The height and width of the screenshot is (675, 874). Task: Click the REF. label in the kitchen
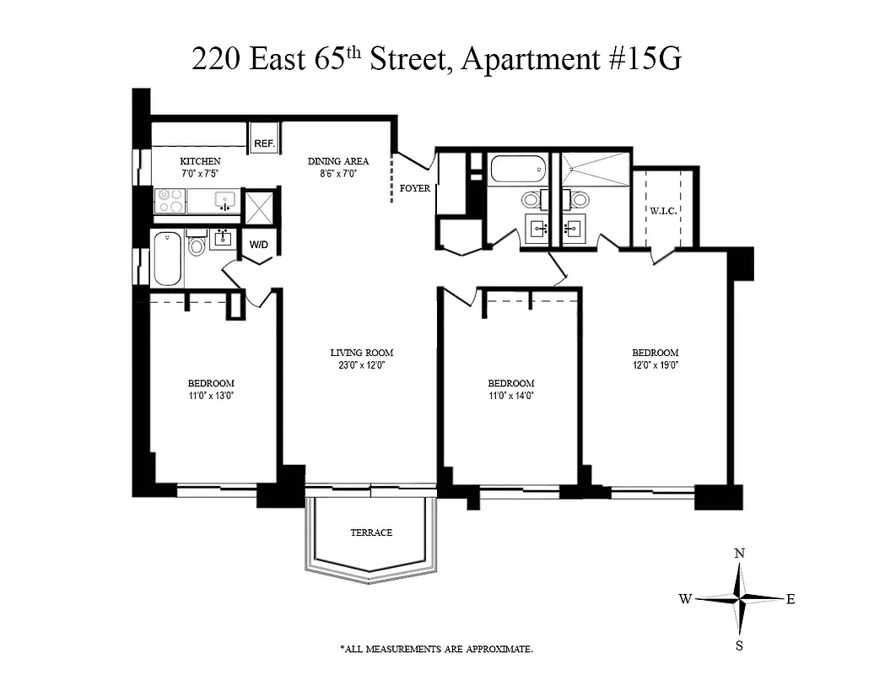[265, 144]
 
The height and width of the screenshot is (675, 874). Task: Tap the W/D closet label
[257, 246]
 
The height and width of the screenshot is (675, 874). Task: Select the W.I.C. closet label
[664, 211]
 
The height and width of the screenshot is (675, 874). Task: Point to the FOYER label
[415, 188]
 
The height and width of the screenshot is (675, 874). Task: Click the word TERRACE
[371, 532]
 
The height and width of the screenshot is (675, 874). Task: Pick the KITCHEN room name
[201, 161]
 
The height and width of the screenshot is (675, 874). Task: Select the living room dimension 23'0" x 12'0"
[361, 365]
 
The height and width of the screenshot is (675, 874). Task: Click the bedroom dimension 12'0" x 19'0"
[655, 365]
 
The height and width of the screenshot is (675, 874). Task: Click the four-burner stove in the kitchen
[170, 201]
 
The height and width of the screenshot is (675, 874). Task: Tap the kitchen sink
[224, 201]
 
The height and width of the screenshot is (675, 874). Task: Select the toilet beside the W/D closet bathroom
[197, 245]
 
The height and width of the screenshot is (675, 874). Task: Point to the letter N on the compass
[739, 553]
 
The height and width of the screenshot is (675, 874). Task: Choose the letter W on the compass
[685, 599]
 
